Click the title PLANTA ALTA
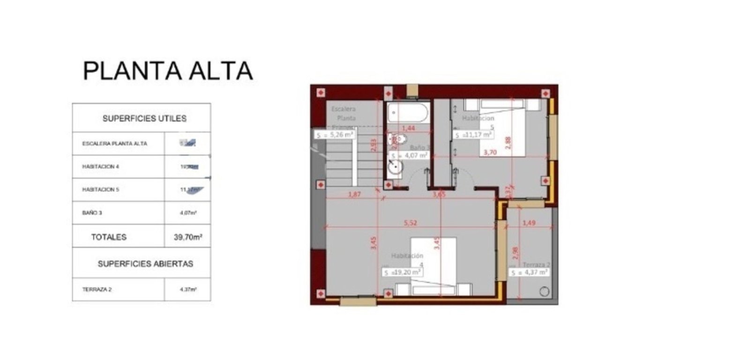168,71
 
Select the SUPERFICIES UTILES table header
144,119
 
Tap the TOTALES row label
109,237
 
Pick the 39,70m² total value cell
188,237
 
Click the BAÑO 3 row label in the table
92,213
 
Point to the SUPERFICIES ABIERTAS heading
145,264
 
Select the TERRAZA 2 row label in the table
97,290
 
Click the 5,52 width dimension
410,223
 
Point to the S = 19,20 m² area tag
403,272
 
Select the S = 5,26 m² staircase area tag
334,135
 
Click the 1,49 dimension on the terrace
529,223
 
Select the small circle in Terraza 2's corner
544,292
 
